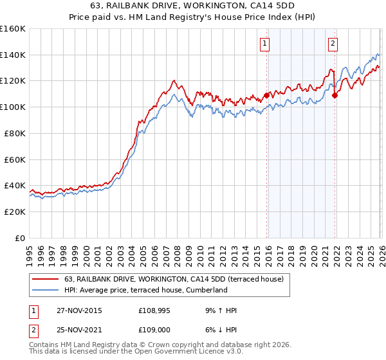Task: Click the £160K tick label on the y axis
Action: click(13, 29)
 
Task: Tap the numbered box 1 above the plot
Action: click(265, 44)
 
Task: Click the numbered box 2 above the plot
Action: click(333, 44)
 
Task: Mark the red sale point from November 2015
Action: click(266, 96)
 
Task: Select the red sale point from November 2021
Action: click(335, 96)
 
